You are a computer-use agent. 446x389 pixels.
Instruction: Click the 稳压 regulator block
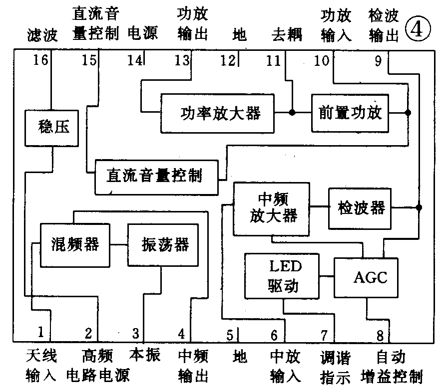point(51,128)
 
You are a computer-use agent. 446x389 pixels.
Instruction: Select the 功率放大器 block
point(217,113)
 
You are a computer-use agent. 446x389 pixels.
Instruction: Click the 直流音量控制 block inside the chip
point(157,177)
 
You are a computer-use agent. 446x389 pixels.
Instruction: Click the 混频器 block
point(74,245)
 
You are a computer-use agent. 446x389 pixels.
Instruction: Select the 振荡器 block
point(165,245)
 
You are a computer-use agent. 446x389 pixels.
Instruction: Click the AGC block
point(366,277)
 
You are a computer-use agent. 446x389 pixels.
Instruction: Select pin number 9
point(377,61)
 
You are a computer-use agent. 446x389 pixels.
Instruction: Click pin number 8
point(380,335)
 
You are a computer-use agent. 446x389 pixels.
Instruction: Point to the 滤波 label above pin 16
point(42,35)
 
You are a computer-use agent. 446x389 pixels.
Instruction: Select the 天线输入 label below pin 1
point(41,365)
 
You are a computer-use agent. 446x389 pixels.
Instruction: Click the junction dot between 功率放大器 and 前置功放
point(293,113)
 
